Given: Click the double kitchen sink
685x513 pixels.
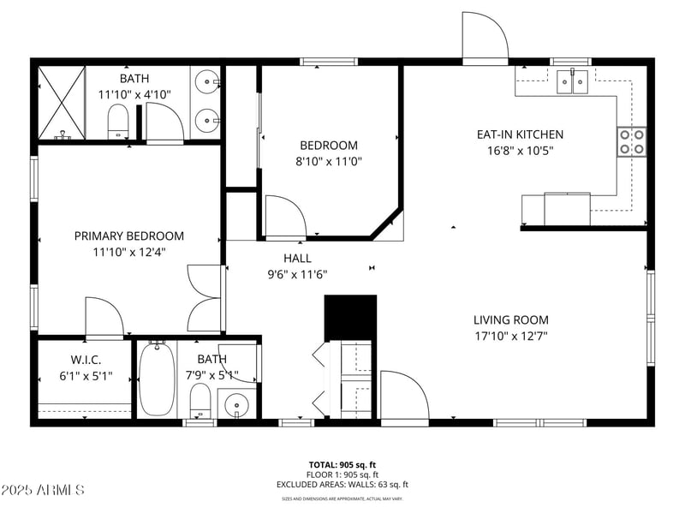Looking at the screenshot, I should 573,82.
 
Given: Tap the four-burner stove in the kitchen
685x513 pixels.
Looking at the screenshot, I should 632,141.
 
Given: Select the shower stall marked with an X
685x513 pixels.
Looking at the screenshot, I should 61,102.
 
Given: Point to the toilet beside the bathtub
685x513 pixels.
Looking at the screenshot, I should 200,401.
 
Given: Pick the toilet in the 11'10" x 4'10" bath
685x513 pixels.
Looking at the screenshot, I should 118,122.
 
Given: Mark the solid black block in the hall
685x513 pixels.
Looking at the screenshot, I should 350,317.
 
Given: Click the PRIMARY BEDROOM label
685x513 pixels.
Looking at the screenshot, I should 128,236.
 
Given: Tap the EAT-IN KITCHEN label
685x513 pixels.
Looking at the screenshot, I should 520,134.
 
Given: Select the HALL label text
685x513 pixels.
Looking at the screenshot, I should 297,258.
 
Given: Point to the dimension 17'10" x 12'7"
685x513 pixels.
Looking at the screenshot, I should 510,337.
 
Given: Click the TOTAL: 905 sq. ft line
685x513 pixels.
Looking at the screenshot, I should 342,464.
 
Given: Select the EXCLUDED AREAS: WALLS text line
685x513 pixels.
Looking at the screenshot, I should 342,484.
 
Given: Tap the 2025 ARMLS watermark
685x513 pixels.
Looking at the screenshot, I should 43,490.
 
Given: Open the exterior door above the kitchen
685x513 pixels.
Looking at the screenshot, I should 485,37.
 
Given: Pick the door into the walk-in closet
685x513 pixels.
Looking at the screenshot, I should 104,318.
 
